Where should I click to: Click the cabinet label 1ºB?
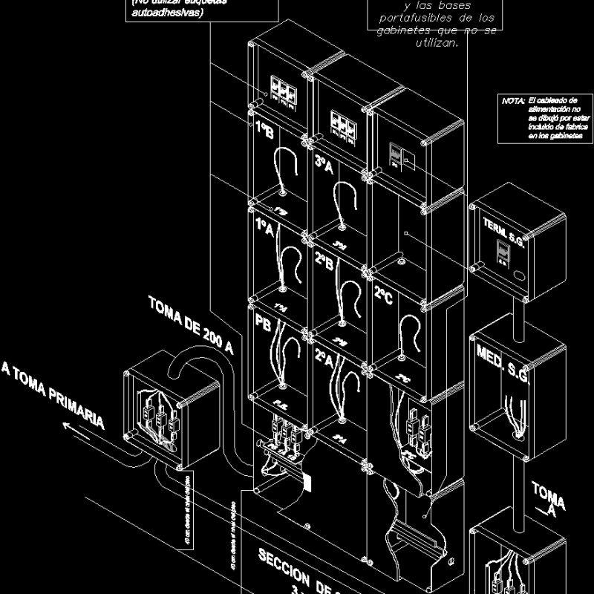click(264, 131)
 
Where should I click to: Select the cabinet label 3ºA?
click(324, 165)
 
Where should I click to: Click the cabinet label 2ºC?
click(383, 295)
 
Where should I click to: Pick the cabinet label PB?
click(264, 324)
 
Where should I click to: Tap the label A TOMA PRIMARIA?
click(52, 394)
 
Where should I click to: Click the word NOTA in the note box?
click(513, 100)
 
